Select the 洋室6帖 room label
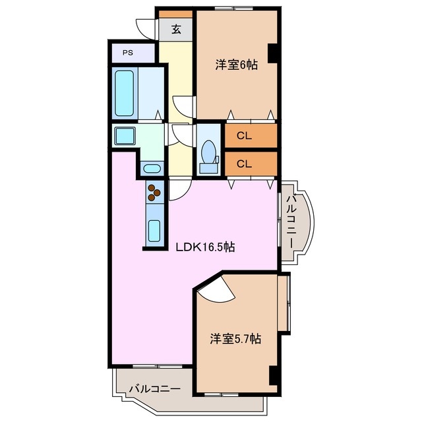click(235, 65)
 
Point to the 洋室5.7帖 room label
click(235, 339)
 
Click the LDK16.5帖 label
click(205, 248)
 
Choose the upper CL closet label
click(244, 136)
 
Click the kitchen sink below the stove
click(154, 231)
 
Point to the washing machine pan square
click(125, 137)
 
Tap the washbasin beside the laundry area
click(152, 167)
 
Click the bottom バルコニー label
click(154, 388)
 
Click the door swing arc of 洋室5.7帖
click(212, 291)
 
